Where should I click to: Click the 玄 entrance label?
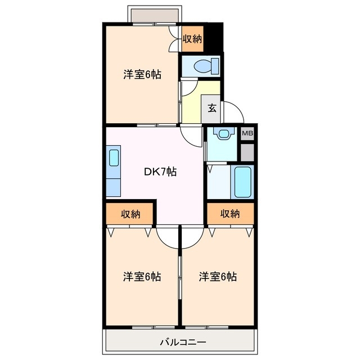pyautogui.click(x=212, y=109)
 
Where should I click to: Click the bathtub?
pyautogui.click(x=244, y=181)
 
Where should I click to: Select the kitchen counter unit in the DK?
pyautogui.click(x=113, y=170)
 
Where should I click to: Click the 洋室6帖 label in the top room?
pyautogui.click(x=142, y=75)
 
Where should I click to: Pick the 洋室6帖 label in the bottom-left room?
pyautogui.click(x=142, y=277)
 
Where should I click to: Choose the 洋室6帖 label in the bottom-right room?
pyautogui.click(x=217, y=277)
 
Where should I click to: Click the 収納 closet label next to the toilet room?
pyautogui.click(x=192, y=39)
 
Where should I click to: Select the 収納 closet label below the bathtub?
pyautogui.click(x=230, y=214)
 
